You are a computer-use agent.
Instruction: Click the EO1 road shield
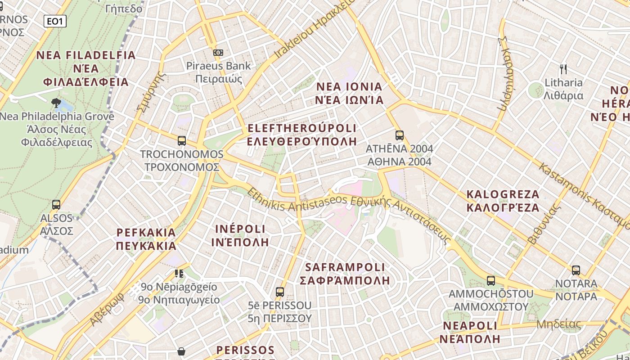click(x=55, y=21)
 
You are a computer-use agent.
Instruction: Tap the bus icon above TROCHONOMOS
click(x=182, y=140)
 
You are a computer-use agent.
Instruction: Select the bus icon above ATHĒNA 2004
click(x=399, y=135)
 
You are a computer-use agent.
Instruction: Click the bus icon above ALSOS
click(x=56, y=205)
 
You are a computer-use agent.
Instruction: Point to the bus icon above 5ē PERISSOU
click(x=280, y=292)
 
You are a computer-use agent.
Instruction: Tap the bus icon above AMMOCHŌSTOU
click(x=491, y=280)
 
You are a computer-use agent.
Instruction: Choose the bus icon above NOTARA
click(x=576, y=270)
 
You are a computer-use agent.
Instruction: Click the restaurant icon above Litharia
click(x=563, y=69)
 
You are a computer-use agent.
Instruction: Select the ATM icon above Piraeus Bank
click(x=218, y=53)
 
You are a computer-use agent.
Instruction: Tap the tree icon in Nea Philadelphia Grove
click(x=57, y=103)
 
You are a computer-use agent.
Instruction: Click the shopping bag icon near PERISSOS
click(x=181, y=351)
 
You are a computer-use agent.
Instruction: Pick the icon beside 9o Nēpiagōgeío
click(x=179, y=273)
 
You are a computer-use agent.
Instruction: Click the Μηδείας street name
click(x=558, y=324)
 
